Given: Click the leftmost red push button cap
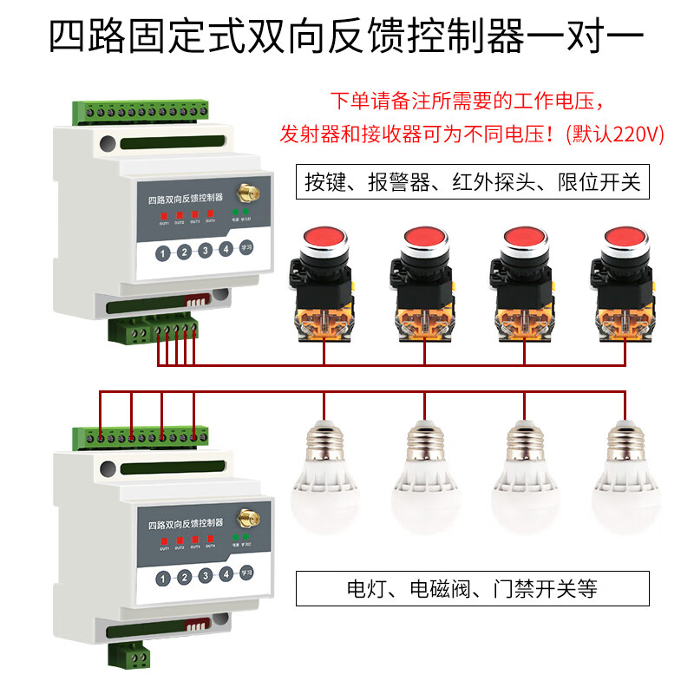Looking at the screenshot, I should click(324, 238).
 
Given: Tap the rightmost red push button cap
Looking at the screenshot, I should click(624, 238).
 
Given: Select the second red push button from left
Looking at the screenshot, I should click(424, 238).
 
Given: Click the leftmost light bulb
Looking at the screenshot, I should click(324, 477).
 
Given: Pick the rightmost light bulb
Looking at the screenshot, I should click(624, 477).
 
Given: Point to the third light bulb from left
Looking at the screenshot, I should click(523, 477).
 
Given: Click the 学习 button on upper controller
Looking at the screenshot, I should click(246, 247).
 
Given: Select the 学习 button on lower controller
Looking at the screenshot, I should click(246, 572).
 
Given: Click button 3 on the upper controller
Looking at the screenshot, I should click(205, 251).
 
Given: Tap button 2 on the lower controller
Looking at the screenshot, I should click(184, 577).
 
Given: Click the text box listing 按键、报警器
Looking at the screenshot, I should click(472, 182).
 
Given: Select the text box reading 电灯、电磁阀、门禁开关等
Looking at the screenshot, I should click(472, 589).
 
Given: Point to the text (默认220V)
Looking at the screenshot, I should click(613, 134).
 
